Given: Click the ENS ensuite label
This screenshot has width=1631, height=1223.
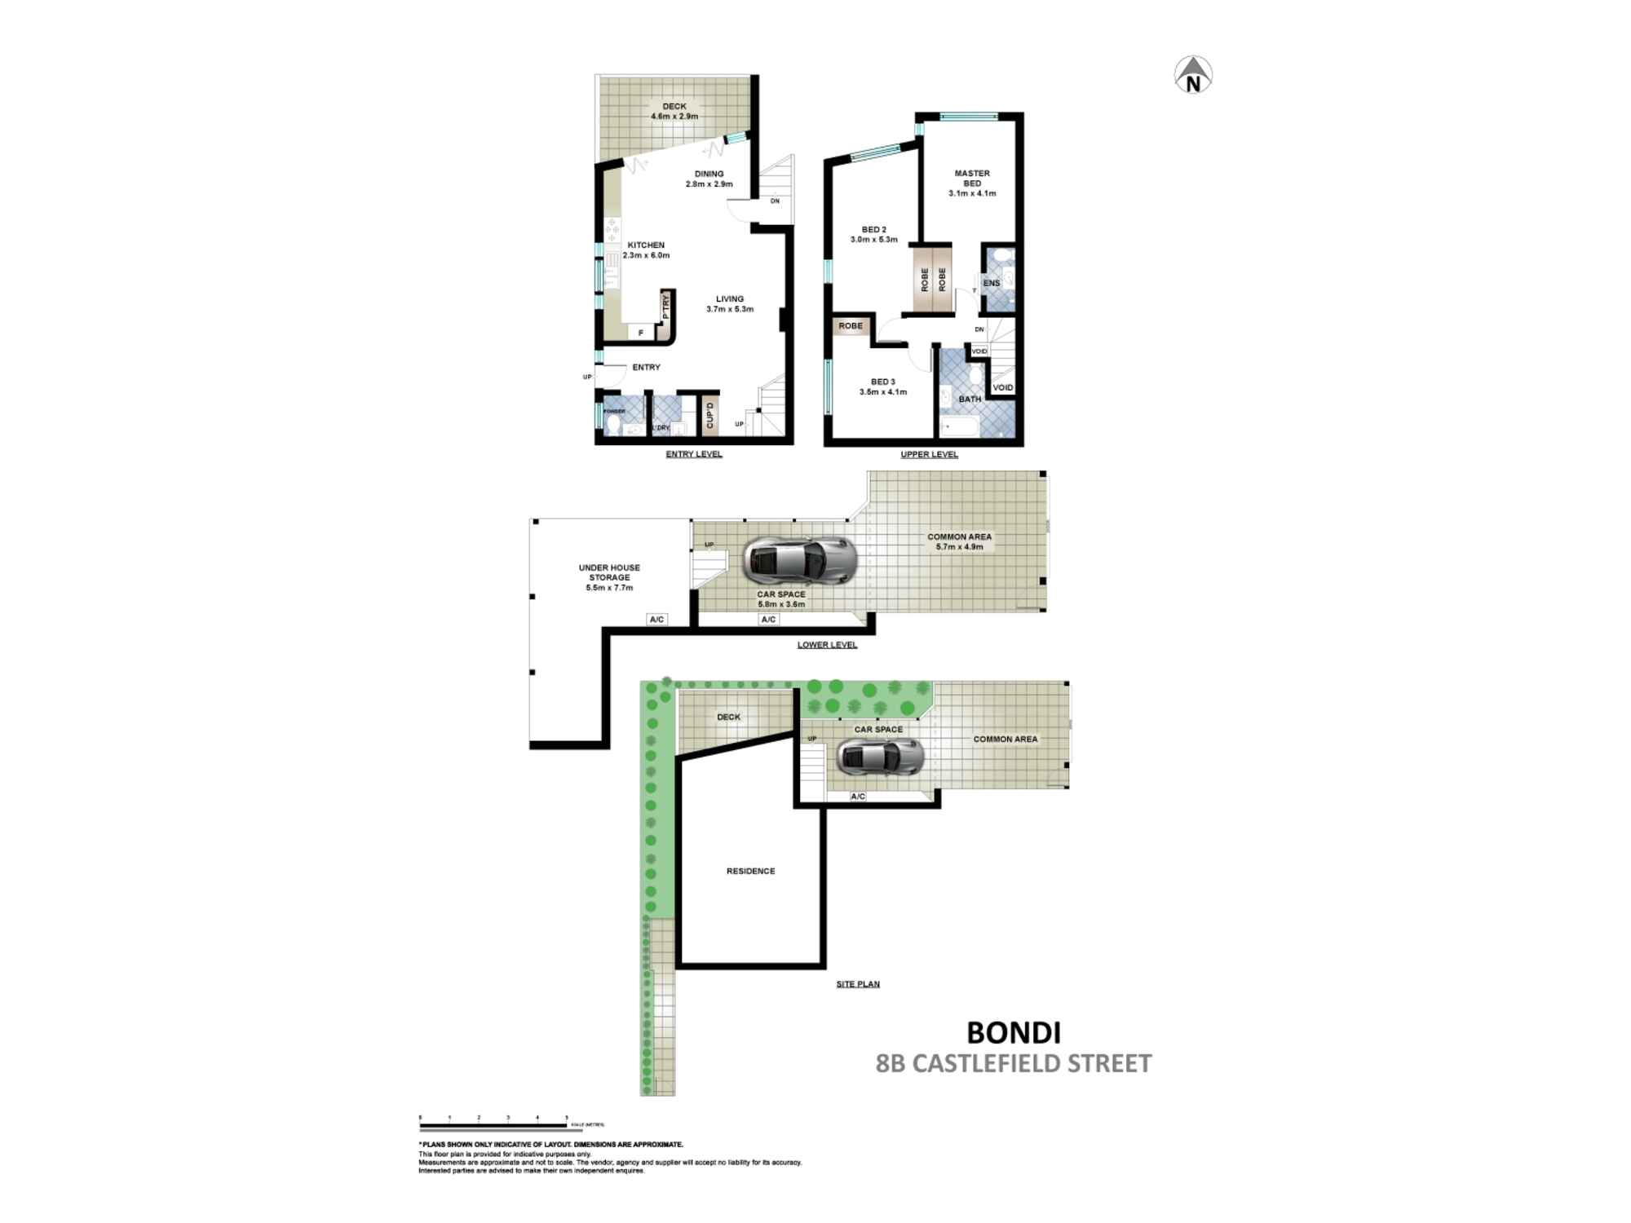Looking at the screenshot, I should click(x=992, y=283).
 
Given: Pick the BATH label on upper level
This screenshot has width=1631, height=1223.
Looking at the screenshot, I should click(x=970, y=400).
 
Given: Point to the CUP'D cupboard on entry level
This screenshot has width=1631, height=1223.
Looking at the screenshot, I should click(x=709, y=414).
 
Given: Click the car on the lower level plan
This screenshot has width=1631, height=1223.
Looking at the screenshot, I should click(x=800, y=560).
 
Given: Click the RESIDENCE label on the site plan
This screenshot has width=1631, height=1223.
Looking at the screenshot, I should click(x=750, y=871).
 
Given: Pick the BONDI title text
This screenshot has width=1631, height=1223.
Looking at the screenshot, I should click(x=1014, y=1033).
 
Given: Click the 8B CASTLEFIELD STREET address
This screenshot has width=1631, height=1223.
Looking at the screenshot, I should click(x=1014, y=1064).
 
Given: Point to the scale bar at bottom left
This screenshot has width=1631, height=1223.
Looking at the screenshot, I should click(x=493, y=1124).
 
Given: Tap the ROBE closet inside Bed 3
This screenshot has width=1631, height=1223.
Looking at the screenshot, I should click(x=851, y=326).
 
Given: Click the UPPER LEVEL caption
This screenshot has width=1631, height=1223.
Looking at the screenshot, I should click(x=929, y=454).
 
